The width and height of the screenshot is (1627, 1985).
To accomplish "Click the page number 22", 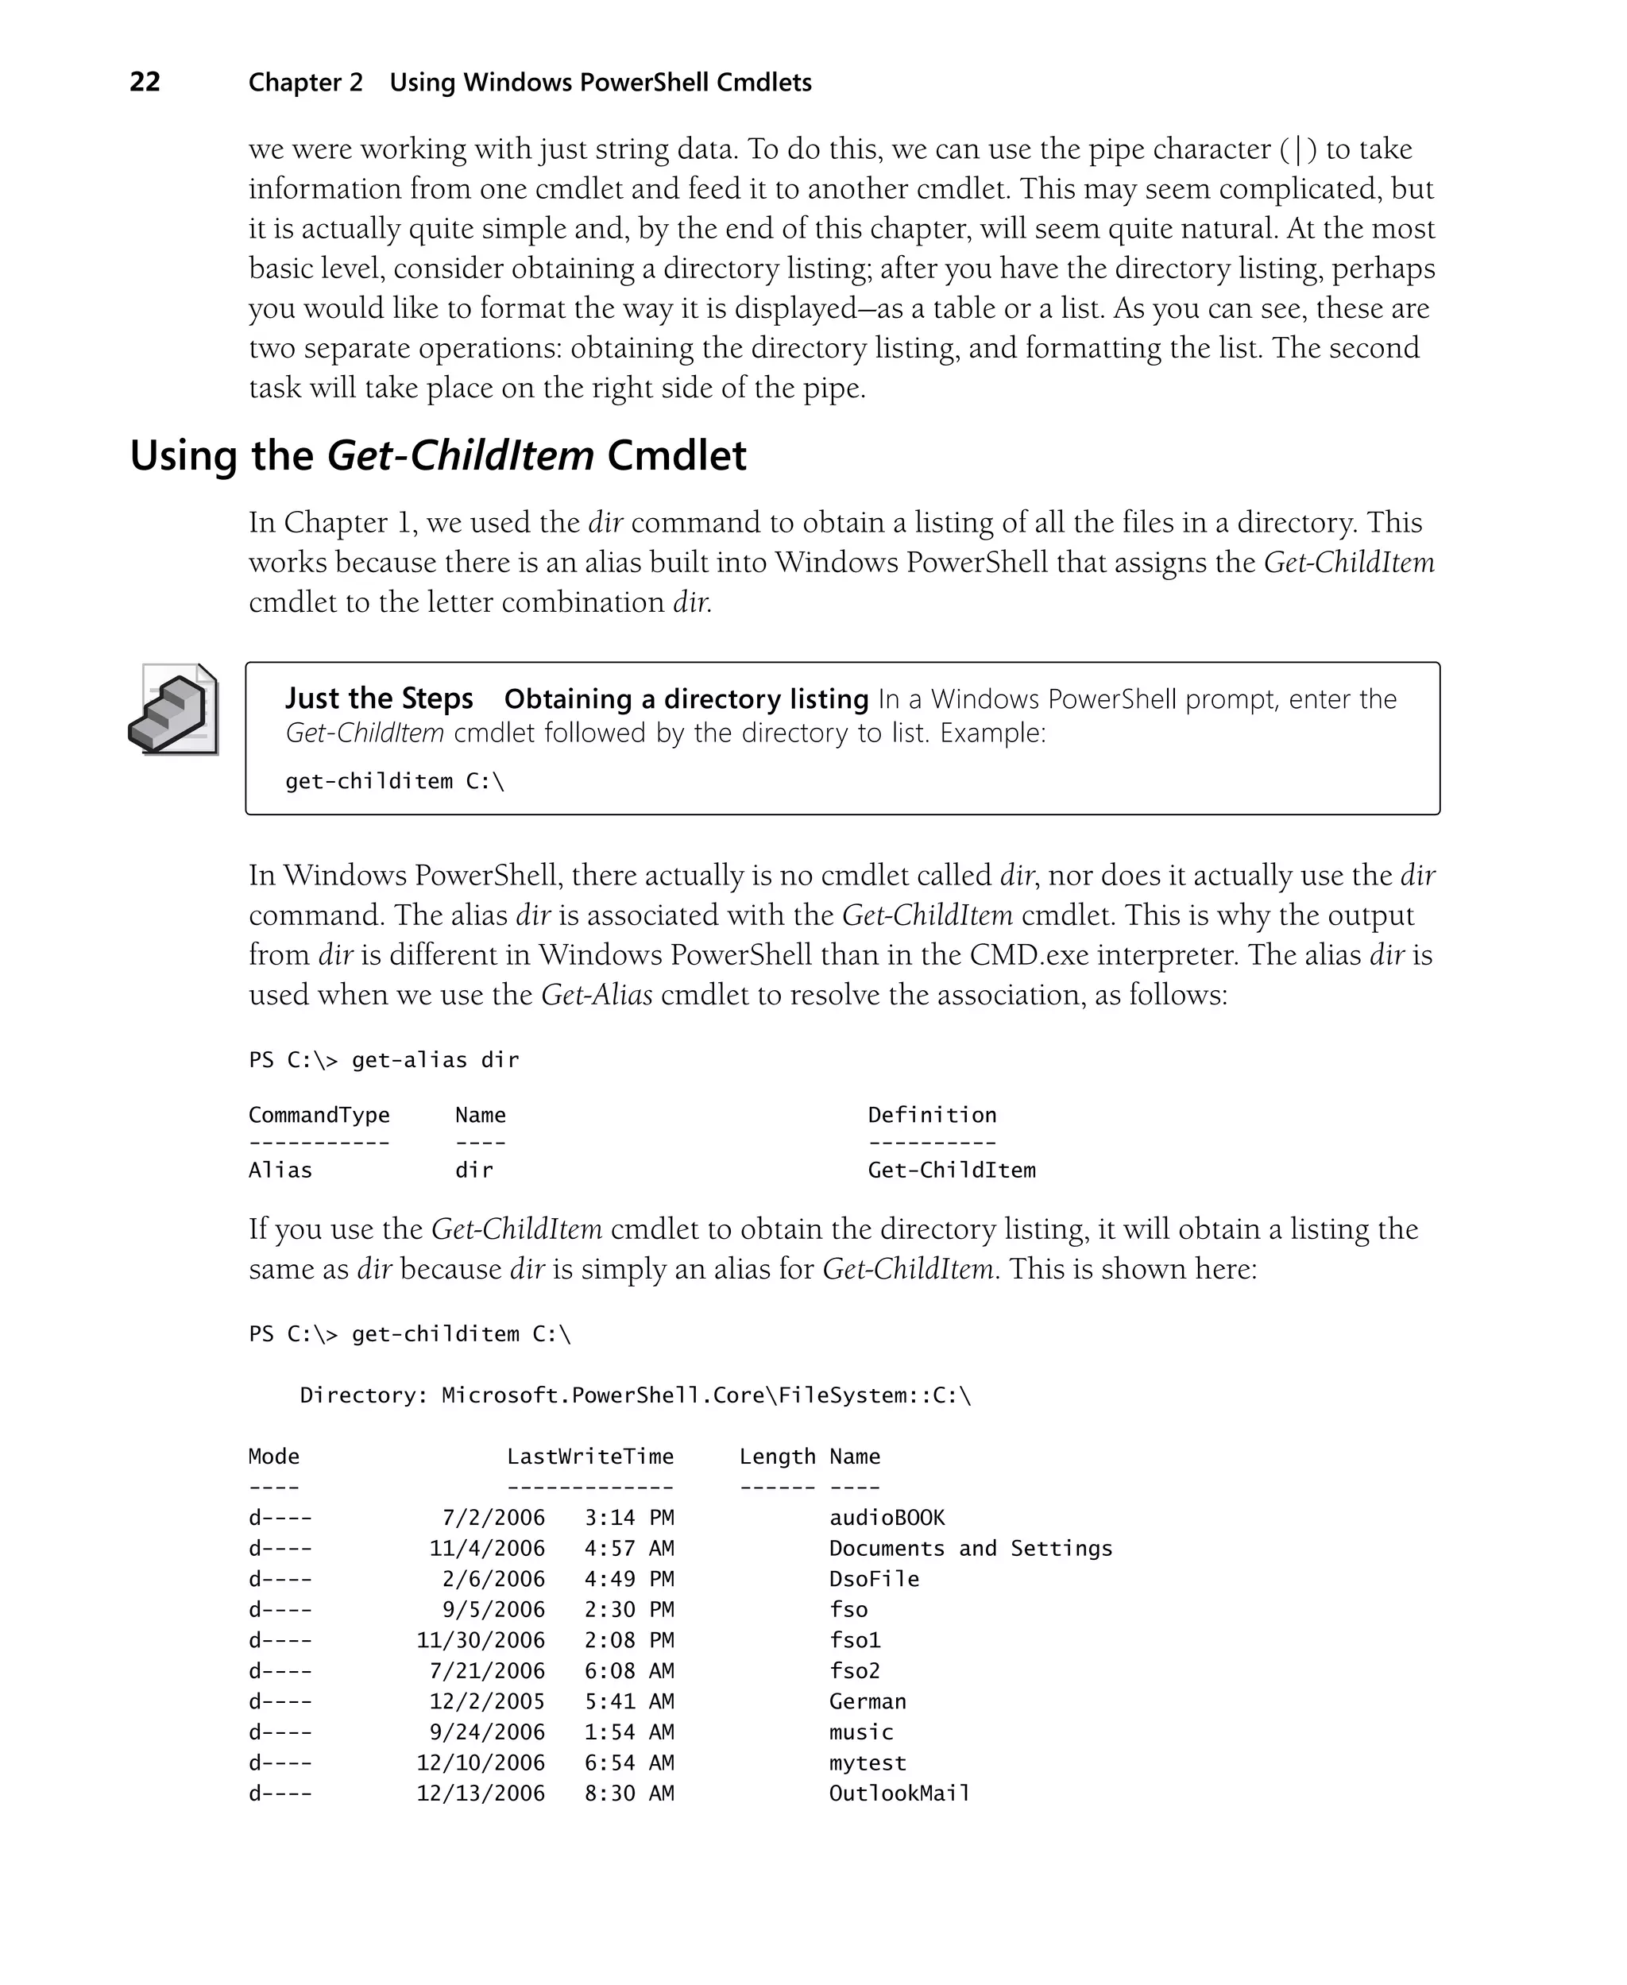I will [145, 83].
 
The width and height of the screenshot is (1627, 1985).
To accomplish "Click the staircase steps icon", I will [173, 710].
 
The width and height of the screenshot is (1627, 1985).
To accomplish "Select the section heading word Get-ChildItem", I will [459, 456].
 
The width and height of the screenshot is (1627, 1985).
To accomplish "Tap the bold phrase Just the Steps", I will [379, 699].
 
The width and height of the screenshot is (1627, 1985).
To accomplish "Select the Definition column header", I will [932, 1116].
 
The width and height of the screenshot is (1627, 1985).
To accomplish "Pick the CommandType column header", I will [319, 1116].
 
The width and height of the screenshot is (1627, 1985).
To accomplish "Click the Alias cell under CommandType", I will [280, 1170].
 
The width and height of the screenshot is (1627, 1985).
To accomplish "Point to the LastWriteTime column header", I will [589, 1457].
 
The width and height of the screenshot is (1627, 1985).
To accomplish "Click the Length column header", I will [777, 1457].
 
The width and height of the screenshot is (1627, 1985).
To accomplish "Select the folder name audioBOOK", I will [887, 1517].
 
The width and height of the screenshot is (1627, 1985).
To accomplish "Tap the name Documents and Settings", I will [970, 1548].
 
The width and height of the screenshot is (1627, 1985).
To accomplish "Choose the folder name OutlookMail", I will [899, 1793].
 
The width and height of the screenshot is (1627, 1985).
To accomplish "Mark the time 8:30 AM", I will [629, 1793].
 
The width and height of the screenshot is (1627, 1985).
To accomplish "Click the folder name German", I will [867, 1701].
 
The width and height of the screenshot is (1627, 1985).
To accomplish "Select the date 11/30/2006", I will [480, 1640].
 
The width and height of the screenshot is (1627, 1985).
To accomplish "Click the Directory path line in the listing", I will [636, 1395].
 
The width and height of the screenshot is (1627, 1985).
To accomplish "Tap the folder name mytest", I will [867, 1763].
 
